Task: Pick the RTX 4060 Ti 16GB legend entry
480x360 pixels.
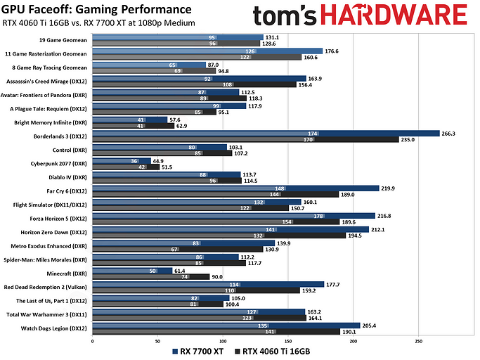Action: [275, 350]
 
